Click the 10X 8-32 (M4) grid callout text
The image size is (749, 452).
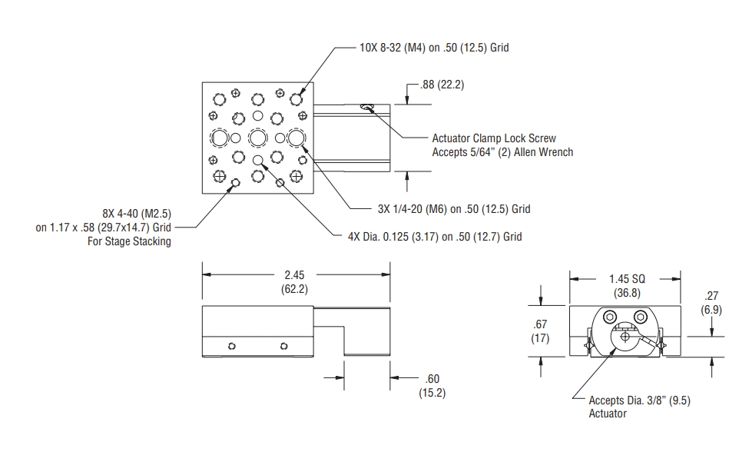(433, 48)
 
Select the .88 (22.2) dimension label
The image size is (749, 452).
(442, 85)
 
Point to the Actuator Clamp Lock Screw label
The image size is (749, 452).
(502, 138)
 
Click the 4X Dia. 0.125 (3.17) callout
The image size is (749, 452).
(434, 237)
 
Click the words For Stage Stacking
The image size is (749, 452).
(129, 241)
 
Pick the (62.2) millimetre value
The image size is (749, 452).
(296, 288)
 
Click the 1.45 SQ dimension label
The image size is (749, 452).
(625, 279)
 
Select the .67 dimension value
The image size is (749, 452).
(540, 324)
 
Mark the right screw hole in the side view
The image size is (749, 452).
(283, 345)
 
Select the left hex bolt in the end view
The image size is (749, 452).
(610, 317)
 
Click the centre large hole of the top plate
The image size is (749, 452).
(257, 138)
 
